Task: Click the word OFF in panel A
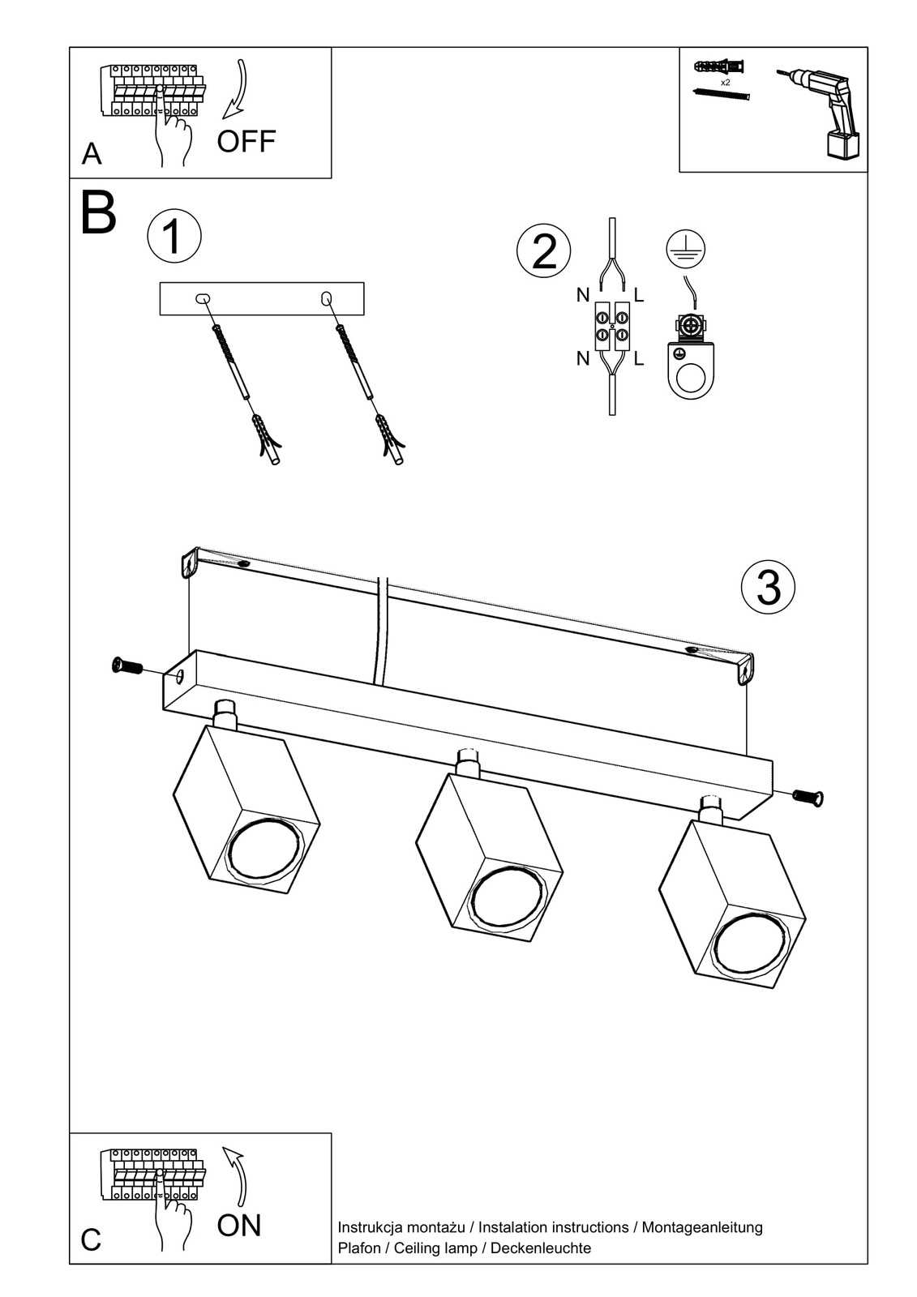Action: (x=246, y=141)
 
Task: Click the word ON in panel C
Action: (x=239, y=1225)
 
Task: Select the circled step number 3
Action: (x=768, y=587)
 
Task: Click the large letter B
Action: (x=99, y=213)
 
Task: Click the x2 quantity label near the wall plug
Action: (x=725, y=83)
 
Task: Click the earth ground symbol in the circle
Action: (x=685, y=249)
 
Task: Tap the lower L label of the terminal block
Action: (x=639, y=358)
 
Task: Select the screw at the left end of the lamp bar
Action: (x=126, y=667)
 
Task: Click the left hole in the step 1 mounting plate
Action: (x=202, y=299)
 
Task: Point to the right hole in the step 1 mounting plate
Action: (x=327, y=298)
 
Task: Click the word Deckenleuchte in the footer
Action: (x=541, y=1248)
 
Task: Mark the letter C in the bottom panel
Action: (x=91, y=1240)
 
